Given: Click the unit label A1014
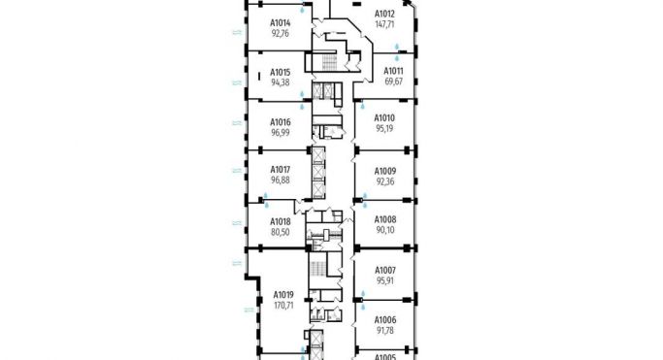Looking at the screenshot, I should [x=282, y=22].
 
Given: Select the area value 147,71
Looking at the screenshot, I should [x=385, y=23].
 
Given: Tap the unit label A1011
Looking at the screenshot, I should [x=394, y=71].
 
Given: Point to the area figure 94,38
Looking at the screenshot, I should [x=281, y=82].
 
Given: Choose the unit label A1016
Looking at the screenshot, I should [x=281, y=122].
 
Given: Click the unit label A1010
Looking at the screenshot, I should [x=385, y=117].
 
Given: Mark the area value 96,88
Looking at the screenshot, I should [x=281, y=180].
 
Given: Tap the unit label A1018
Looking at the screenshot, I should [x=281, y=222].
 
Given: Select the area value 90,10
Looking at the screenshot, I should [x=385, y=230].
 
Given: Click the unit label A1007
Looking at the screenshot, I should [x=385, y=270].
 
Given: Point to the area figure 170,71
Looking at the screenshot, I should [x=283, y=305].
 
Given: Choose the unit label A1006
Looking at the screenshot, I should [x=385, y=320].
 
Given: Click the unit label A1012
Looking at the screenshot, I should [x=385, y=14].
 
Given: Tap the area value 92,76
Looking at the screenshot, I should [x=281, y=33].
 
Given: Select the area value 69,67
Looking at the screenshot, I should [x=394, y=82].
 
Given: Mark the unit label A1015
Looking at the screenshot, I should [x=281, y=72].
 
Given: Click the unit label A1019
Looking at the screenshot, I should [x=283, y=294].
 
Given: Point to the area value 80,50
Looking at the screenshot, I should [x=281, y=233].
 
